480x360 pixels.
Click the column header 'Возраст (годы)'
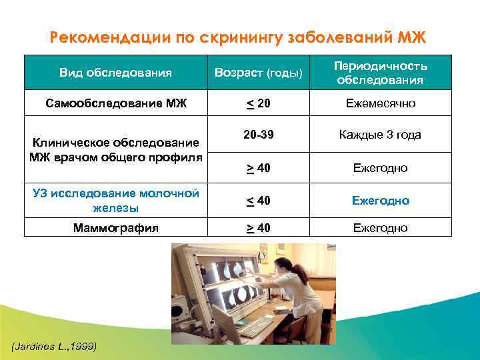pyautogui.click(x=258, y=72)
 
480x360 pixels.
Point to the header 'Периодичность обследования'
pyautogui.click(x=380, y=73)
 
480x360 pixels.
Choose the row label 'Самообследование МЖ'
pyautogui.click(x=116, y=103)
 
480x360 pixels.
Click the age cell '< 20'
pyautogui.click(x=258, y=103)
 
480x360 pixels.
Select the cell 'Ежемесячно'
pyautogui.click(x=380, y=103)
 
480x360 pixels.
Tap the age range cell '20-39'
pyautogui.click(x=258, y=135)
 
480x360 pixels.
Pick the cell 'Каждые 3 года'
pyautogui.click(x=380, y=135)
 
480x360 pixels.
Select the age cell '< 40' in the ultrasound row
pyautogui.click(x=258, y=201)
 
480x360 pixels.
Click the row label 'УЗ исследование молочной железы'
pyautogui.click(x=116, y=201)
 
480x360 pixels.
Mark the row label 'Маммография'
pyautogui.click(x=116, y=228)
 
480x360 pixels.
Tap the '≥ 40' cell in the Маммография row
pyautogui.click(x=258, y=228)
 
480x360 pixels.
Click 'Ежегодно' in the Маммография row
pyautogui.click(x=380, y=228)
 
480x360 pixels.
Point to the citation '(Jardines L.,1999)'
pyautogui.click(x=54, y=346)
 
